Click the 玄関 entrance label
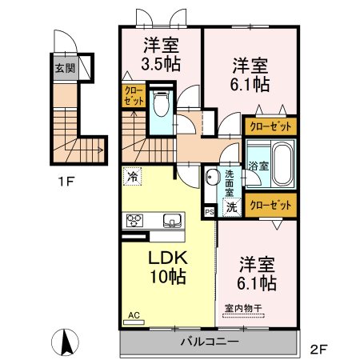click(x=65, y=69)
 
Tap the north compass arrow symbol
click(x=65, y=342)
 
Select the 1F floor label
click(x=66, y=182)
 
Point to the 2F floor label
click(x=318, y=350)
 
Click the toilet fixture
click(x=162, y=104)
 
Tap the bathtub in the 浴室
click(x=282, y=165)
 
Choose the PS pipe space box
click(x=210, y=212)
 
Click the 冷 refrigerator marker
click(x=132, y=176)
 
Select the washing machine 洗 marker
click(x=232, y=207)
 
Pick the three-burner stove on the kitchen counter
click(x=134, y=221)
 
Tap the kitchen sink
click(x=172, y=221)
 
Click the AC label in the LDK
click(x=134, y=315)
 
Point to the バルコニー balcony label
click(x=210, y=342)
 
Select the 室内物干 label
click(x=243, y=309)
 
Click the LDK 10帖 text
click(x=168, y=267)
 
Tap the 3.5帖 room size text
click(x=161, y=63)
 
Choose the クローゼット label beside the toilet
click(x=134, y=96)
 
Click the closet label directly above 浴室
click(x=270, y=126)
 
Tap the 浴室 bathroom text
click(x=258, y=166)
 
